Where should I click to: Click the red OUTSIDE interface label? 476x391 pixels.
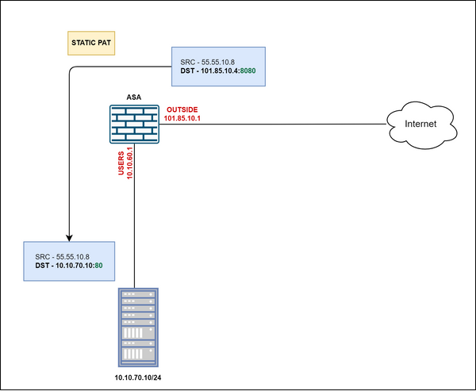click(x=182, y=109)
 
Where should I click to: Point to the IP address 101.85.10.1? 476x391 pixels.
click(x=182, y=117)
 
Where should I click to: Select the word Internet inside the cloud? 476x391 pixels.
click(x=420, y=125)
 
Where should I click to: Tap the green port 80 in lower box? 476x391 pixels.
click(x=99, y=267)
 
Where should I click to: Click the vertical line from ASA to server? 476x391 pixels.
click(x=137, y=222)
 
